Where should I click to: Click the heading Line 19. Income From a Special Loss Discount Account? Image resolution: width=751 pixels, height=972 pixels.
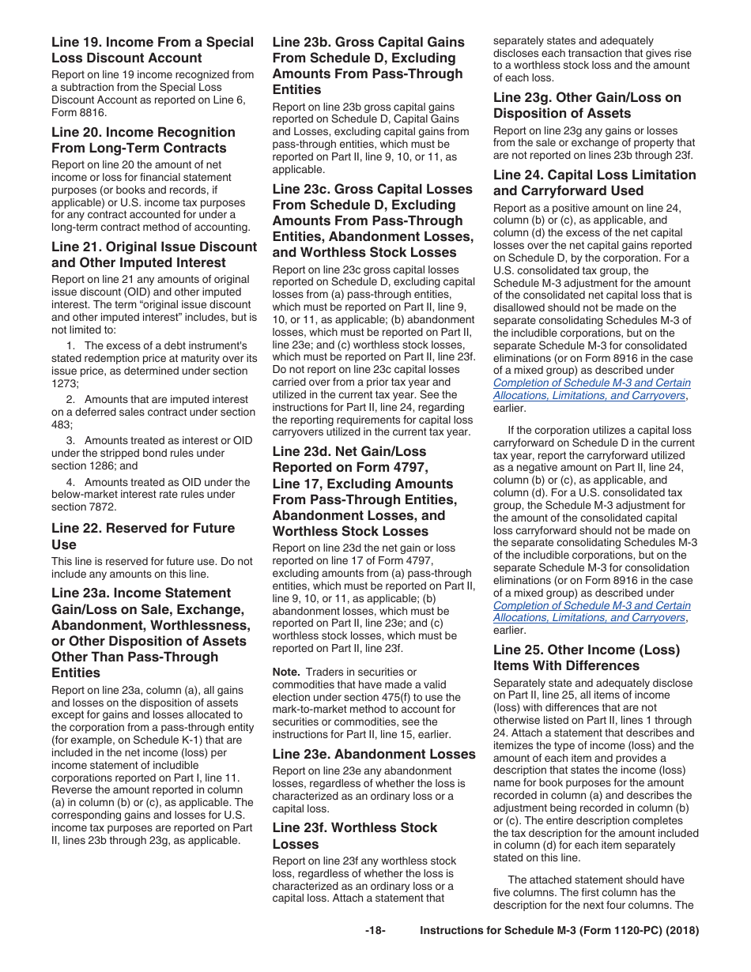(x=153, y=50)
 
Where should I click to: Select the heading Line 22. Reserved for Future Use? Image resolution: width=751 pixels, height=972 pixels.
(x=143, y=536)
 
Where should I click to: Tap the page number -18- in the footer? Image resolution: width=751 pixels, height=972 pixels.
(x=375, y=931)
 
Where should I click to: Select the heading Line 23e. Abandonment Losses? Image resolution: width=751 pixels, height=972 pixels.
(x=374, y=754)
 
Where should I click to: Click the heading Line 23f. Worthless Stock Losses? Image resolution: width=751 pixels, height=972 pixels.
(x=354, y=835)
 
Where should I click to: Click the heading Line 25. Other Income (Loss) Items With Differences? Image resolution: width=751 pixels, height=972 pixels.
(x=586, y=657)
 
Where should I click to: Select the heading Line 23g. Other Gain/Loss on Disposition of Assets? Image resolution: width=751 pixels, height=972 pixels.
(x=587, y=105)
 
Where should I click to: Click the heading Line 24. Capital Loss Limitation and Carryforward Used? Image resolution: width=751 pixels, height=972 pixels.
(x=594, y=183)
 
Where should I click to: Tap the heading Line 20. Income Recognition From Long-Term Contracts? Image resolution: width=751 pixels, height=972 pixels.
(x=143, y=140)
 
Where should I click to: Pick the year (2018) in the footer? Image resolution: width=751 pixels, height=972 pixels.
(x=682, y=931)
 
